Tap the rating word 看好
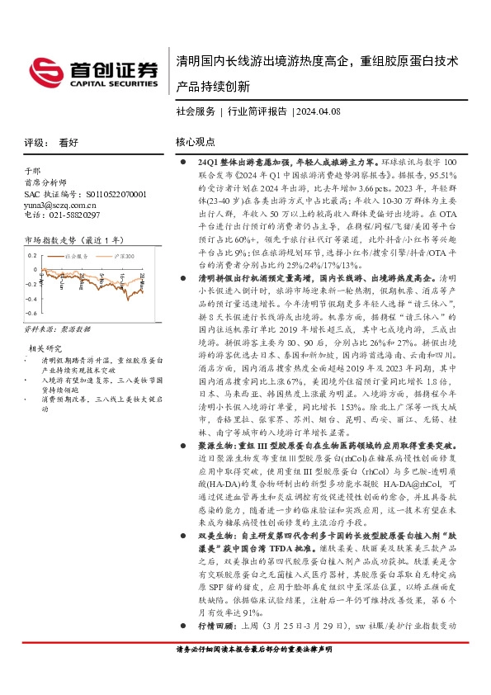68,142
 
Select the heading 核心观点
196,142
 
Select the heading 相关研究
43,347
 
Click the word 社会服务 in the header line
196,111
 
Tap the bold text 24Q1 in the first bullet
209,164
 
